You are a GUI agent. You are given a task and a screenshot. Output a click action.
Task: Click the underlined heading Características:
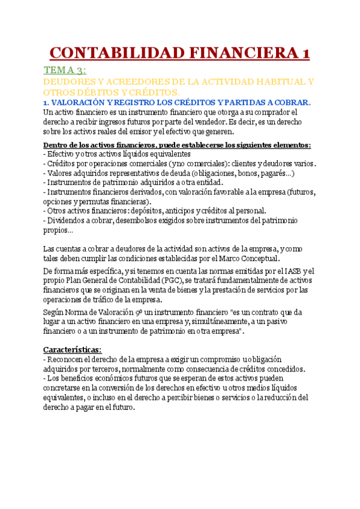pyautogui.click(x=73, y=349)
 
